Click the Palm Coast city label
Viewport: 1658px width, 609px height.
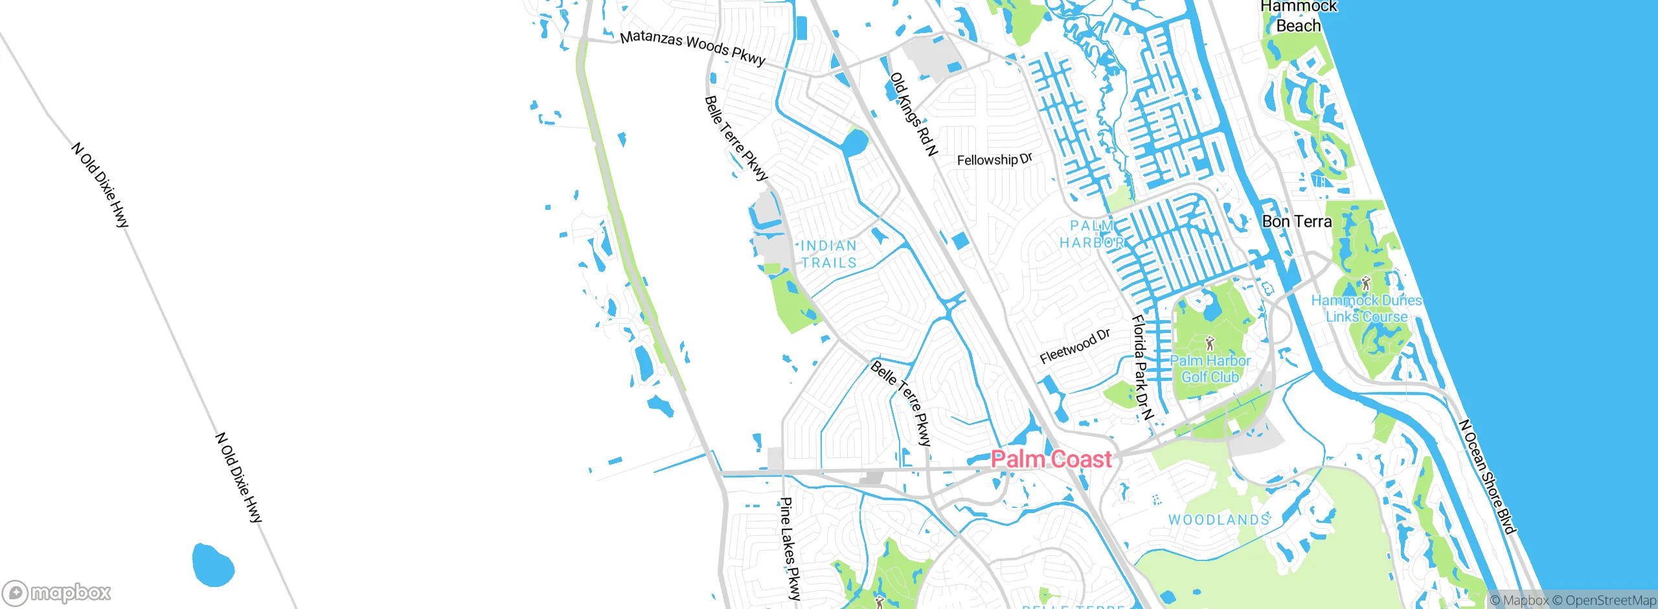1051,459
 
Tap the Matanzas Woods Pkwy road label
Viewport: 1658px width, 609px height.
692,47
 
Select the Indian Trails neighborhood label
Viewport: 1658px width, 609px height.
828,254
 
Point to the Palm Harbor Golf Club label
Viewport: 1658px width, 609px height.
1210,369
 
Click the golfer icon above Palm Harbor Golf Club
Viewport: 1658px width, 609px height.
1209,343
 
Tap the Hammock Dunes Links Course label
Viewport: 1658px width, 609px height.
1367,308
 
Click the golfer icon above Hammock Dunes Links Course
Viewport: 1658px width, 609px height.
1366,283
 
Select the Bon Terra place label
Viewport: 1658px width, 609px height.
1297,222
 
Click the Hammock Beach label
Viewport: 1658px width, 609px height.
1298,16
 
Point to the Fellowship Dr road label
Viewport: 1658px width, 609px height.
994,159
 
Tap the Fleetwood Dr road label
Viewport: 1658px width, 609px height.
1074,347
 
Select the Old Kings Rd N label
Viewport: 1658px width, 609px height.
913,115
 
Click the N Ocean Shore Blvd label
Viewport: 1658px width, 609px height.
1487,477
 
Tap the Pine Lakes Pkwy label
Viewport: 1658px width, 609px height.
790,548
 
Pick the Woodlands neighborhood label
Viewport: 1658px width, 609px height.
1218,520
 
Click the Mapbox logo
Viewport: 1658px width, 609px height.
56,593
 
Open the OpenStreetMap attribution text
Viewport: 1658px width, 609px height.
1604,601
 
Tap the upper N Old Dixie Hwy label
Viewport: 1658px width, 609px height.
100,185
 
